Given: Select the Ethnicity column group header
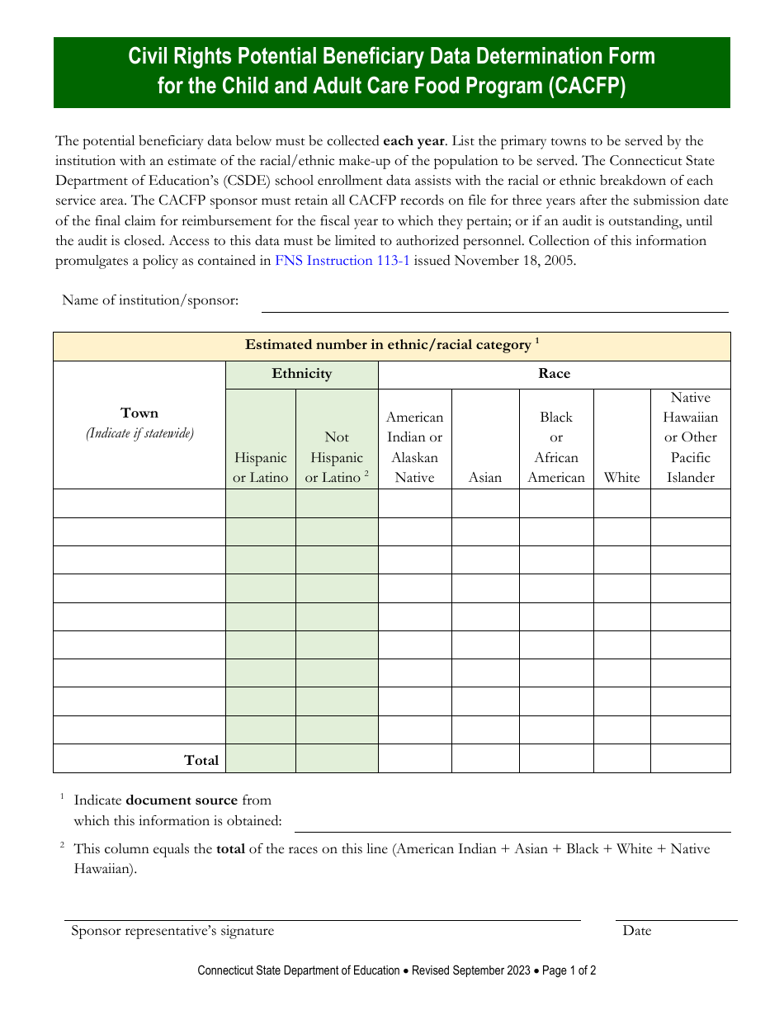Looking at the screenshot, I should tap(301, 374).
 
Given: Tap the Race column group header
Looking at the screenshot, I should tap(554, 374).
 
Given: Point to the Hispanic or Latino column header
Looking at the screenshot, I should tap(261, 467).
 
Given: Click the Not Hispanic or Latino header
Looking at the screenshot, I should tap(337, 457).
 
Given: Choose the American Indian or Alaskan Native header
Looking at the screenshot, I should tap(414, 447).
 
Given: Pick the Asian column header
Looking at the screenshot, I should tap(485, 477).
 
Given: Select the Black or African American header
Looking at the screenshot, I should tap(556, 447).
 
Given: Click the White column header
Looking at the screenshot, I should tap(621, 477).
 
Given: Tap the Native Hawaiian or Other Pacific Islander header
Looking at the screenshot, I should tap(691, 437).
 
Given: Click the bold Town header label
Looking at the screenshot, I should tap(139, 413).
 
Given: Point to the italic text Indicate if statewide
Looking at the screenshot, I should tap(139, 433).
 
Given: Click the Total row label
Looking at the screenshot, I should tap(201, 760).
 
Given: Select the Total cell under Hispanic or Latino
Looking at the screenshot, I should tap(261, 758).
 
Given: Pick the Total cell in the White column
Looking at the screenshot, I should tap(621, 758).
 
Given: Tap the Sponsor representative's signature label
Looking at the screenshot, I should tap(172, 931).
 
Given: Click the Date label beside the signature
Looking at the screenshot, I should tap(637, 931).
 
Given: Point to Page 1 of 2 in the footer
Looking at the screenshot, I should tap(569, 970).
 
